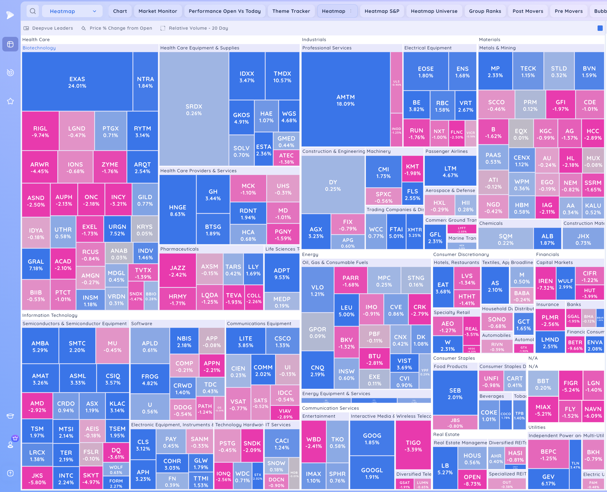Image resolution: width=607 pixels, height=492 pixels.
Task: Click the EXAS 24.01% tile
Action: (77, 82)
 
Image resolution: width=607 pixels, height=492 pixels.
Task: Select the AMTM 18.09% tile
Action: (346, 100)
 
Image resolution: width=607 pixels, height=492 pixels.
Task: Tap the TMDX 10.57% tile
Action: (282, 77)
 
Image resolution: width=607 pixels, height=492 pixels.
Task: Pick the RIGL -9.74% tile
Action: (40, 131)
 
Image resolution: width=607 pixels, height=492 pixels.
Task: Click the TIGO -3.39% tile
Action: (413, 446)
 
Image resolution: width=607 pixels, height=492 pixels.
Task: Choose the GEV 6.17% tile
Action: (548, 480)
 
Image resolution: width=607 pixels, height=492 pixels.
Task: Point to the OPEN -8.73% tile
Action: (472, 480)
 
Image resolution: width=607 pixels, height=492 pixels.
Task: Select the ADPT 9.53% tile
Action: (282, 273)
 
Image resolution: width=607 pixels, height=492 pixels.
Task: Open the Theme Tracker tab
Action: (291, 11)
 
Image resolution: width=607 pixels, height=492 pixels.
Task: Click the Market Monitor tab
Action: (158, 11)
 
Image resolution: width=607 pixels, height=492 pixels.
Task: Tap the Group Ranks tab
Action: (485, 11)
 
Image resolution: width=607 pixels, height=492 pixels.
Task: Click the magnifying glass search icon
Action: (33, 11)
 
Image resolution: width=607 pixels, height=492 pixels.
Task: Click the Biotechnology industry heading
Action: (39, 48)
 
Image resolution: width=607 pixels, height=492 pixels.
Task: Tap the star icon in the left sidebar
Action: (10, 101)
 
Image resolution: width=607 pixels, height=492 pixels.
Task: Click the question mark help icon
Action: (10, 473)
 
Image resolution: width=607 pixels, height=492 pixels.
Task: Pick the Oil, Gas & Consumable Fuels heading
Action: (335, 262)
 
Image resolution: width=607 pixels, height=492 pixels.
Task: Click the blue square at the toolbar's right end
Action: (600, 28)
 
